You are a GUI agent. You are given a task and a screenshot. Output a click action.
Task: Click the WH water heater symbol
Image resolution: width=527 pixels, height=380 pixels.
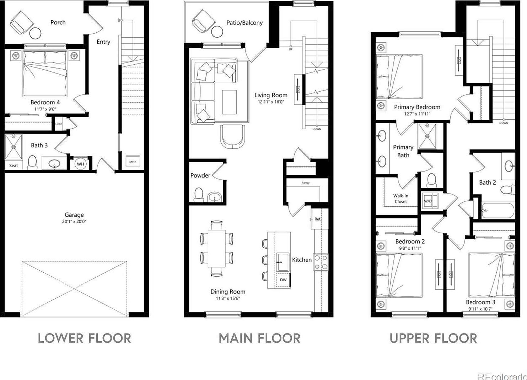pos(81,164)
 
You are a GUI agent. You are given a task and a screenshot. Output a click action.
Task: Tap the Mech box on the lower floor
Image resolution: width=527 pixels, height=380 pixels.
pos(133,162)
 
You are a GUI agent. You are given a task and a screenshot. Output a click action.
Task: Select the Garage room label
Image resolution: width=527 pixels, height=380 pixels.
pos(74,215)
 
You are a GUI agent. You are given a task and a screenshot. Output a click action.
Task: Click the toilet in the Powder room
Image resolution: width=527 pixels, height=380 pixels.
pos(198,195)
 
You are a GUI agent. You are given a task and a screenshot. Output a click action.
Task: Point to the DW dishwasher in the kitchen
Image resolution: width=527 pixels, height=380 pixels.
pos(283,280)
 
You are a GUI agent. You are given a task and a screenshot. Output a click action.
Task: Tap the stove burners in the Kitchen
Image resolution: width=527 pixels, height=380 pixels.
pos(321,262)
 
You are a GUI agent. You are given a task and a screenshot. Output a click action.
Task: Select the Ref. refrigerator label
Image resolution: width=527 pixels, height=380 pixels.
pos(318,219)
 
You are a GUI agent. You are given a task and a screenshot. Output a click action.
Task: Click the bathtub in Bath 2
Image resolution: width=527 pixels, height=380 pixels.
pos(498,211)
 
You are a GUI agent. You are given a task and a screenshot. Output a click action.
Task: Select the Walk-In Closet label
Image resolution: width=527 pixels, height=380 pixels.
pos(400,199)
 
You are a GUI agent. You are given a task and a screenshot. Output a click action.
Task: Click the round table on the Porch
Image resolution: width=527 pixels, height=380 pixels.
pos(35,33)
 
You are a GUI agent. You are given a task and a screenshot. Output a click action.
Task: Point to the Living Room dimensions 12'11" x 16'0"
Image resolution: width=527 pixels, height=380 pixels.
pos(271,102)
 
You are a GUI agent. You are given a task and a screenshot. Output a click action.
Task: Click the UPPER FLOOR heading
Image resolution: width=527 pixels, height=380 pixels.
pos(433,338)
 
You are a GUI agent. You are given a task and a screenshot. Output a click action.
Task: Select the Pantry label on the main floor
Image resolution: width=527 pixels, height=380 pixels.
pos(306,183)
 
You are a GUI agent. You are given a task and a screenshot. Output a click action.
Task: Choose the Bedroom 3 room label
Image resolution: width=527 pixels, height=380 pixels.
pos(480,302)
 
